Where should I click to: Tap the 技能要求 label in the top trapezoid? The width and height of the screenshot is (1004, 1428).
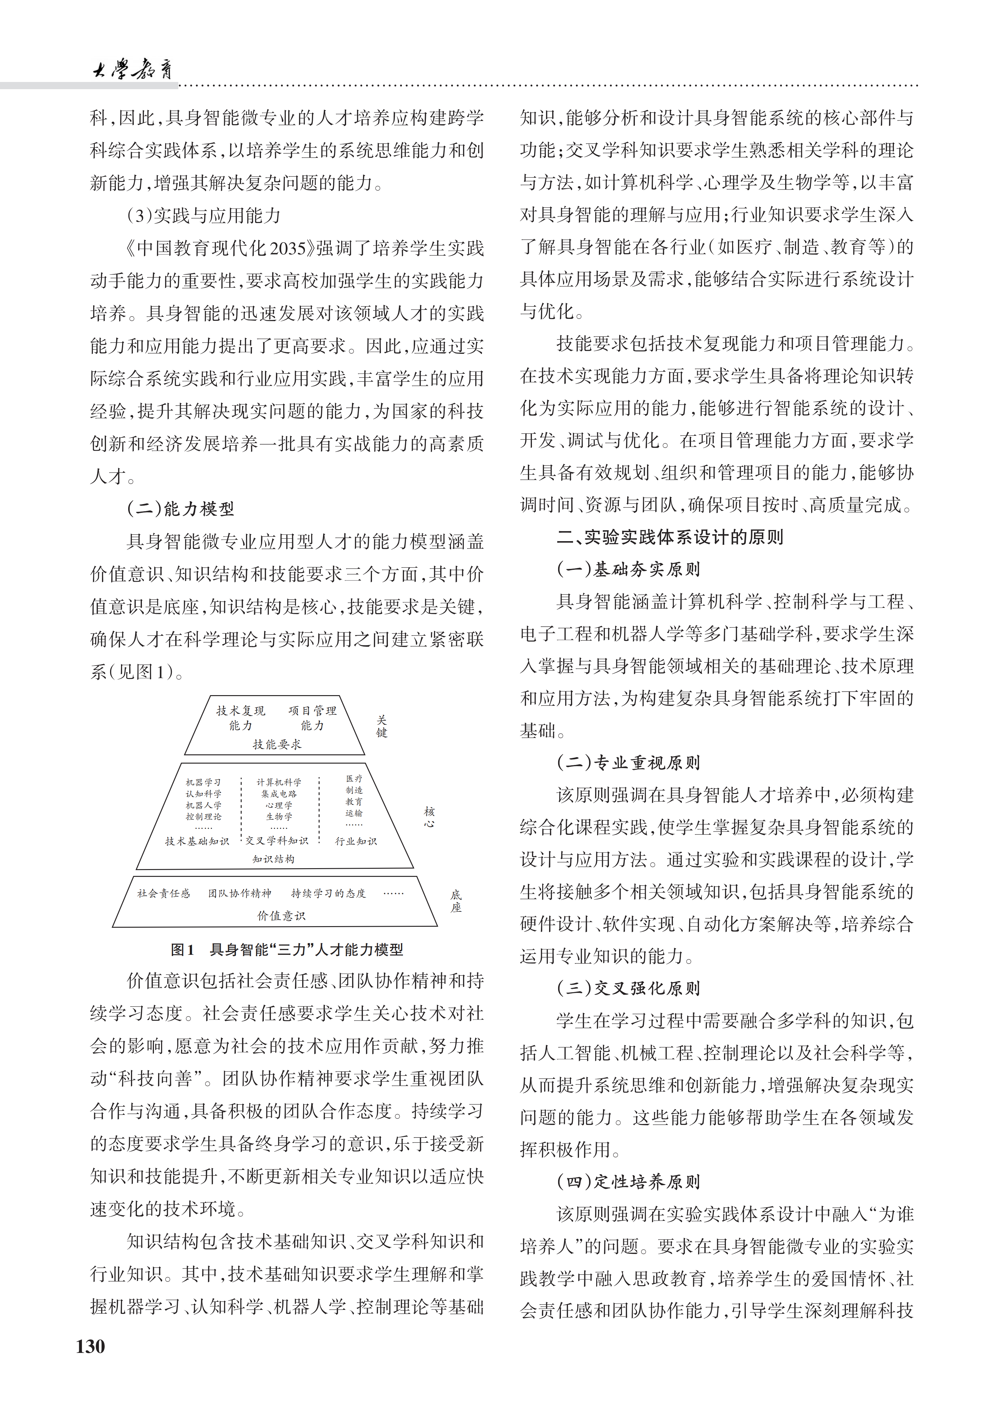(x=277, y=744)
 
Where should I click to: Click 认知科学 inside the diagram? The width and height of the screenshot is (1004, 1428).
(x=203, y=794)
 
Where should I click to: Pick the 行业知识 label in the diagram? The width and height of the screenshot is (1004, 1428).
(x=356, y=841)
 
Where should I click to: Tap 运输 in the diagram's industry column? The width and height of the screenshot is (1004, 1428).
(x=354, y=813)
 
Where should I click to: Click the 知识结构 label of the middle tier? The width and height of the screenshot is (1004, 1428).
(x=274, y=859)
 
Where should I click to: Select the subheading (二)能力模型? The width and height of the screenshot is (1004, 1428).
(x=181, y=509)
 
